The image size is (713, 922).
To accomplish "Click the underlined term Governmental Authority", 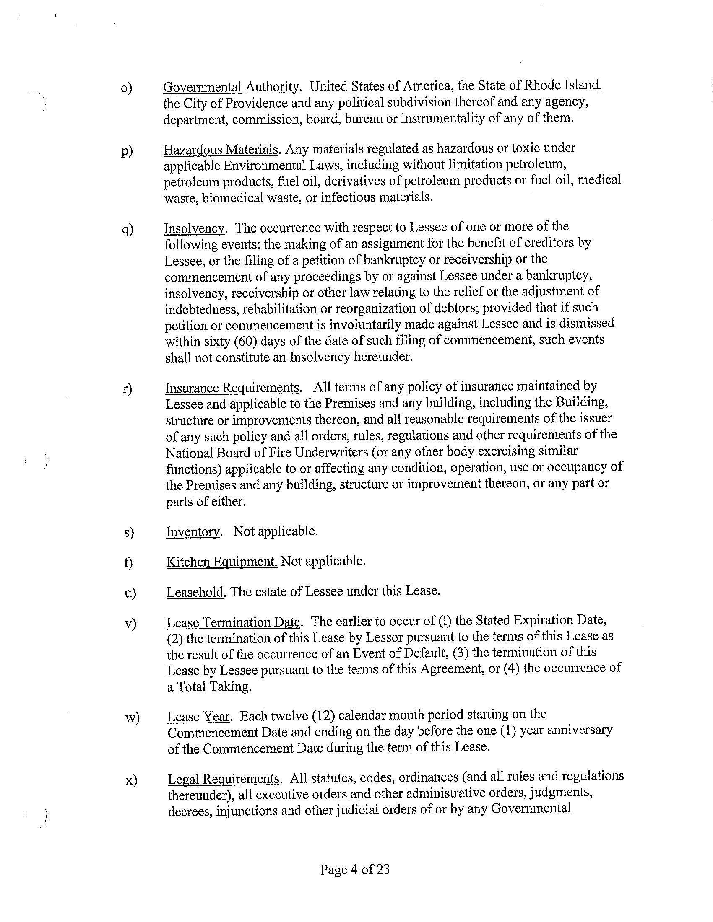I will click(x=231, y=87).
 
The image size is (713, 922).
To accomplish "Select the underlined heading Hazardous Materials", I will click(x=221, y=150).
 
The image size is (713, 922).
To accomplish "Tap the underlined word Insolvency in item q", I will click(x=194, y=228).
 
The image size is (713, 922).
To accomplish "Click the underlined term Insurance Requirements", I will click(x=232, y=388).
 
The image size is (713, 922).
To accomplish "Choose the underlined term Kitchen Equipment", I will click(x=222, y=562).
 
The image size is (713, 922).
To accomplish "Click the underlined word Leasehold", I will click(x=195, y=592).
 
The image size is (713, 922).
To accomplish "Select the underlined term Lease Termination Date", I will click(x=233, y=622).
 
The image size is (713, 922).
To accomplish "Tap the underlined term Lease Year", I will click(x=198, y=716).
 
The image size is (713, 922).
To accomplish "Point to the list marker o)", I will click(x=126, y=88).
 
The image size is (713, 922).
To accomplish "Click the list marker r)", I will click(x=128, y=388).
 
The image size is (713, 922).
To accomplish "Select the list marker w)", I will click(x=132, y=717).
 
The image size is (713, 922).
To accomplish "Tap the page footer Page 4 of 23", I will click(x=354, y=869).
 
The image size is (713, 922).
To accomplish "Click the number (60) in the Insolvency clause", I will click(x=245, y=340).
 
